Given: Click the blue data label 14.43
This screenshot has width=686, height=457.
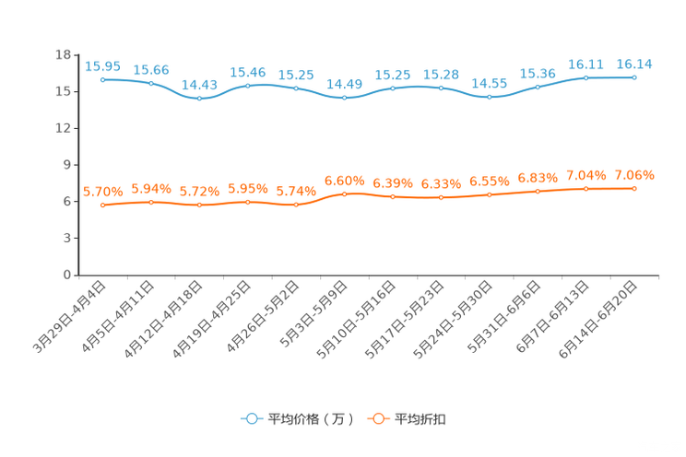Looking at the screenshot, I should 199,84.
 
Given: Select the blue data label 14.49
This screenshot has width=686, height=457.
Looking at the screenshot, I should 344,84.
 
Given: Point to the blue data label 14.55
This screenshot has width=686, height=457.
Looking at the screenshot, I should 489,83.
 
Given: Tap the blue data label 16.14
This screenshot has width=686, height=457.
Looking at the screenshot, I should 633,64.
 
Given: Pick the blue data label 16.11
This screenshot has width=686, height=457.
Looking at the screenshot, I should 585,64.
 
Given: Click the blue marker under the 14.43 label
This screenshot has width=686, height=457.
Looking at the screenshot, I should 199,98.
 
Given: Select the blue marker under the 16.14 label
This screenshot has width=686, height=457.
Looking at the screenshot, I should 634,77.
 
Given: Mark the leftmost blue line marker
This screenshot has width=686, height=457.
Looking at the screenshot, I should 103,80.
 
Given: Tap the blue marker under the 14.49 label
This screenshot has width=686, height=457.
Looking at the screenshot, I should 344,97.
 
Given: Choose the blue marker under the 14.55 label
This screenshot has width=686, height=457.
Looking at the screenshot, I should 489,96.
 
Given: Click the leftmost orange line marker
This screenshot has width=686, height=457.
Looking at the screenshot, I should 103,205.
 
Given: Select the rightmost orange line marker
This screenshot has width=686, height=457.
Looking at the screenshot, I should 634,188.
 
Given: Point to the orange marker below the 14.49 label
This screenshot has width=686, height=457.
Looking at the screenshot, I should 344,193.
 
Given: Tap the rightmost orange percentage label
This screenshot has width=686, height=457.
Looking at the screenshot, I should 633,174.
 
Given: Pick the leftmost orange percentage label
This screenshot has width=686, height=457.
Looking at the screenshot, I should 103,191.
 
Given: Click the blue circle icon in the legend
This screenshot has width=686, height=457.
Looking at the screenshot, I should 251,418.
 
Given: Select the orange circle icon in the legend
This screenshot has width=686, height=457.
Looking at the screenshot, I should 377,418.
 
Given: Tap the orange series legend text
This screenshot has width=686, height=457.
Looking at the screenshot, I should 420,419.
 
